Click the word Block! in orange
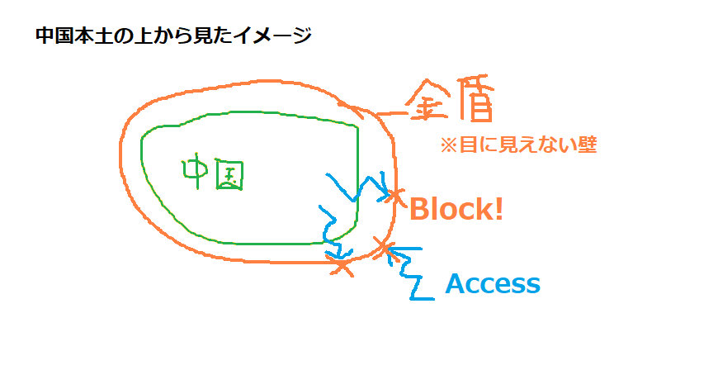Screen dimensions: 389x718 click(456, 209)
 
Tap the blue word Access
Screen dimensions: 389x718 click(493, 284)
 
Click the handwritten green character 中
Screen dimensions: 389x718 click(196, 170)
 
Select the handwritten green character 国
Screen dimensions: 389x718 click(230, 175)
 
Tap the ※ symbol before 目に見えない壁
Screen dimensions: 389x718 click(448, 145)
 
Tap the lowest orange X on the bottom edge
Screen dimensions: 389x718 click(342, 265)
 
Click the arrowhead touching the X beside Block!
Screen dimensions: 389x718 click(386, 193)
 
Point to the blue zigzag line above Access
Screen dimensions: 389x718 click(409, 268)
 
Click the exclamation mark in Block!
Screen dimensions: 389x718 click(498, 209)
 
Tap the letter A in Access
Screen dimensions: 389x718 click(456, 284)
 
